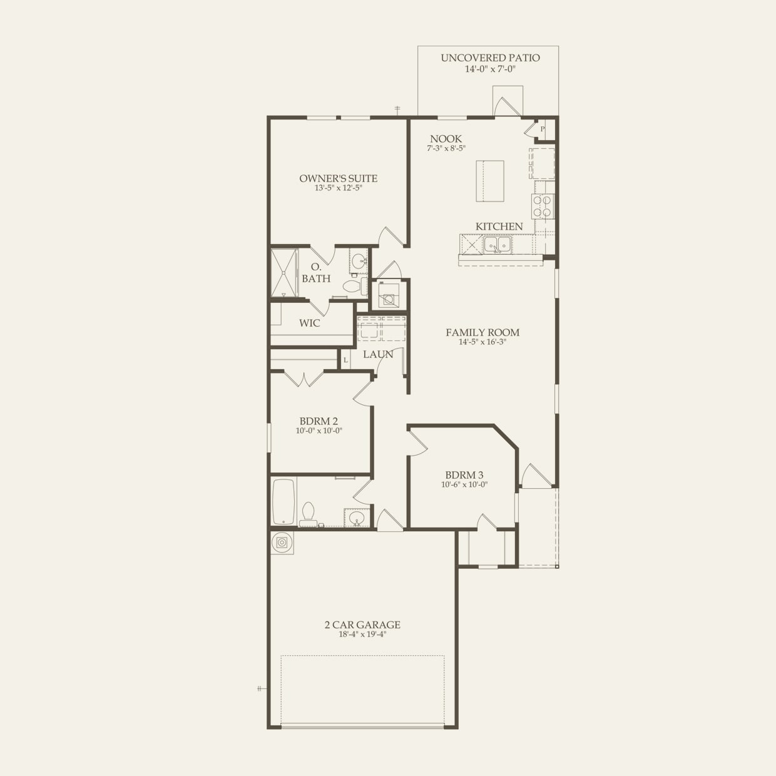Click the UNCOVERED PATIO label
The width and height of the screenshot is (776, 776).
coord(490,58)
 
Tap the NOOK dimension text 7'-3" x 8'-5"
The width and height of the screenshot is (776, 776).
coord(446,148)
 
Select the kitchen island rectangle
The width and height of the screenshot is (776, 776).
coord(490,181)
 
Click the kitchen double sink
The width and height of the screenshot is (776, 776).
coord(498,244)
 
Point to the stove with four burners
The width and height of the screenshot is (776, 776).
coord(543,207)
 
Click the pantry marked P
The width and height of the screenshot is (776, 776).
coord(543,130)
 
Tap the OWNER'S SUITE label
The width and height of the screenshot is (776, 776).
coord(338,178)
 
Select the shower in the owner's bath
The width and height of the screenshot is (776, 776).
coord(284,273)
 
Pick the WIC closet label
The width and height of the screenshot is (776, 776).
coord(309,324)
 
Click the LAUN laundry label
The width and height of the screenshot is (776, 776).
coord(378,354)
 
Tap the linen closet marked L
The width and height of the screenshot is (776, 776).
coord(345,360)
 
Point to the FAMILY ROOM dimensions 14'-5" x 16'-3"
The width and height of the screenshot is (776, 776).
coord(482,342)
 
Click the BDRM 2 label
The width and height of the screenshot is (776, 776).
coord(319,421)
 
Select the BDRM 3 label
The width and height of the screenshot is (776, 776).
coord(464,475)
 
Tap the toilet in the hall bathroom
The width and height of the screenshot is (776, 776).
coord(307,513)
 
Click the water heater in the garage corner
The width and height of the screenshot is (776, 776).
coord(282,543)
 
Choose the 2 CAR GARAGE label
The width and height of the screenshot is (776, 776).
coord(362,625)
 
